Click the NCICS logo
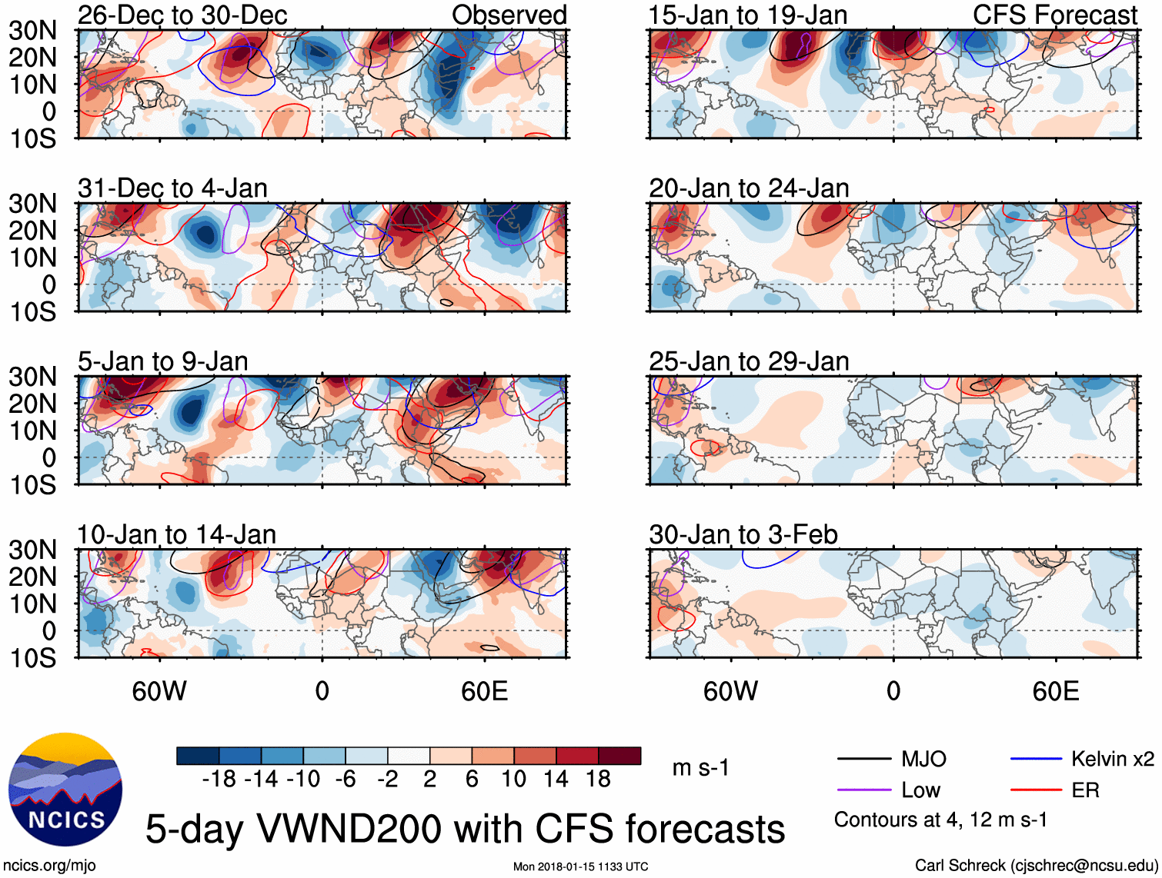pos(65,790)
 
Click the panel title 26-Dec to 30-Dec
pos(182,15)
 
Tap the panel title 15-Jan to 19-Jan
pos(748,15)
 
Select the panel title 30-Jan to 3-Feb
pos(743,534)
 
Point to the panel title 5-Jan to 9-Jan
pos(162,361)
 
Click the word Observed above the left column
pos(509,15)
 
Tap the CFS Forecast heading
pos(1055,15)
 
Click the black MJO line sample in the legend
pos(863,760)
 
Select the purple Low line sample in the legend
pos(863,790)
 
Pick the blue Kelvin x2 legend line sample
pos(1036,760)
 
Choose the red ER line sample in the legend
pos(1036,790)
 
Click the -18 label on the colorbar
pos(219,780)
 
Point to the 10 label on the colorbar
pos(513,780)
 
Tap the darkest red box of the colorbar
pos(619,756)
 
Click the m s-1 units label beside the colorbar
pos(700,768)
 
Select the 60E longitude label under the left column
pos(485,691)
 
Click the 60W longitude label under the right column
pos(730,691)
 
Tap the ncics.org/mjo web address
pos(49,866)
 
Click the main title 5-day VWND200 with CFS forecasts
pos(465,829)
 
